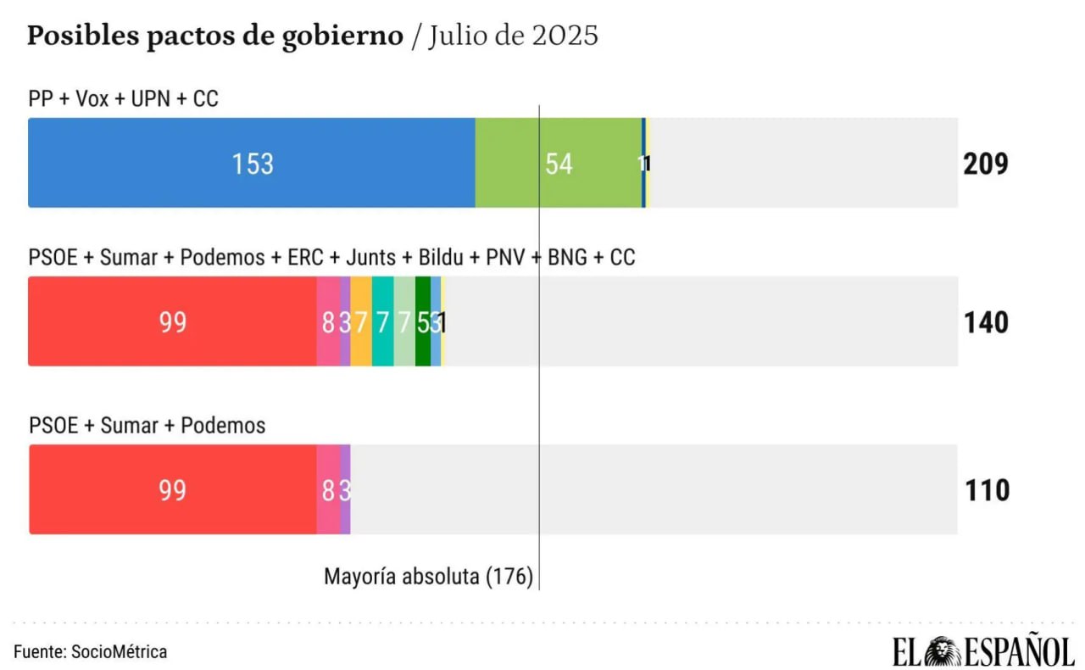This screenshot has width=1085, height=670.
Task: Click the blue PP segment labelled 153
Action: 252,163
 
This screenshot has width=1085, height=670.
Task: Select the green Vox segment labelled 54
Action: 558,163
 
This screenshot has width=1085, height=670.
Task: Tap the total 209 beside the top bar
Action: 985,164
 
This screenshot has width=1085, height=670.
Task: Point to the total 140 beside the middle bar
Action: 986,322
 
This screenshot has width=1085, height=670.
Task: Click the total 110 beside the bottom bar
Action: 987,490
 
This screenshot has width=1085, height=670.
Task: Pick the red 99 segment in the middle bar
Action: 172,322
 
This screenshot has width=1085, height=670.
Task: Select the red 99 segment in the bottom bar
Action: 172,490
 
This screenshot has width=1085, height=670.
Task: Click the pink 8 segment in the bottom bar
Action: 328,490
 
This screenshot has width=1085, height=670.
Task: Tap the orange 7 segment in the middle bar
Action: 361,322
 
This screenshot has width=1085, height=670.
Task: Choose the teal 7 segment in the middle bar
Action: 382,322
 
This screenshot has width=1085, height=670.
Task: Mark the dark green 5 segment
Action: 422,322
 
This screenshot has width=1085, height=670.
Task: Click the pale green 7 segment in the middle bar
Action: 404,322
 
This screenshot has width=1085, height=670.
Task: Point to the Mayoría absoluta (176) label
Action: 428,578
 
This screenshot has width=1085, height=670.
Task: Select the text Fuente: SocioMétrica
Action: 90,651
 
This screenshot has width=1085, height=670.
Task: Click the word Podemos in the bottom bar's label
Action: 223,425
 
